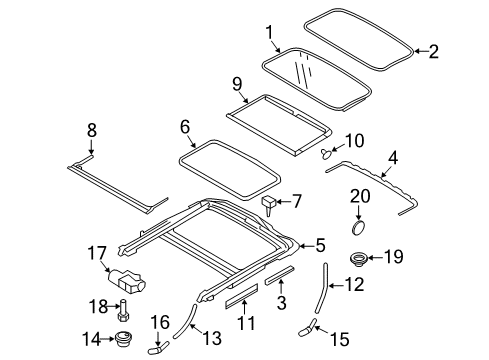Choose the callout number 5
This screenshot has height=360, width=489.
coord(321,244)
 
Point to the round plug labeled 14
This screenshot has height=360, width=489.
coord(124,338)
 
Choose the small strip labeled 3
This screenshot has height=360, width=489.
coord(280,275)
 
